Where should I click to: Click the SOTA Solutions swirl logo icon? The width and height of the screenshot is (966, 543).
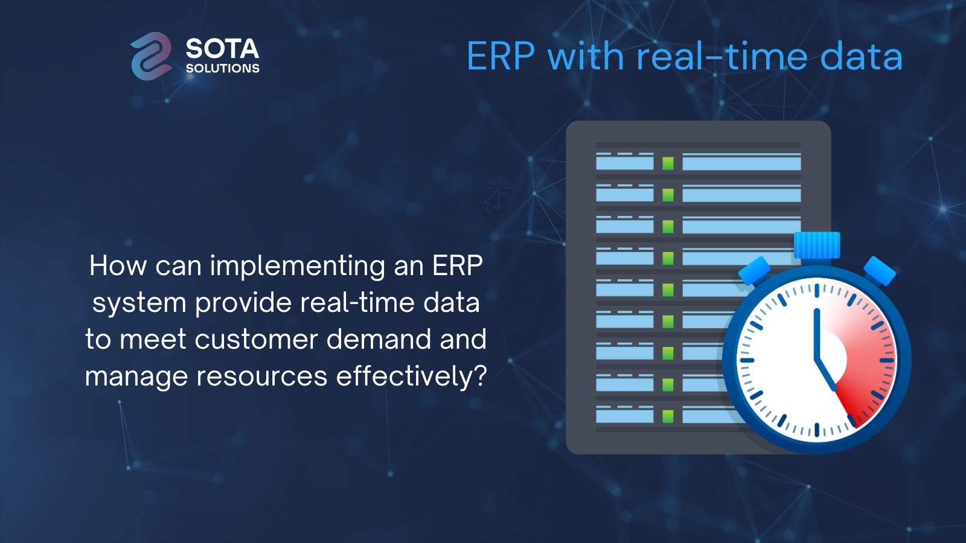(x=152, y=56)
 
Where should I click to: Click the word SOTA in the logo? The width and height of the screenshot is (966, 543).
(x=223, y=49)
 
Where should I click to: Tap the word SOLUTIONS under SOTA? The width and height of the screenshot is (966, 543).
(x=223, y=69)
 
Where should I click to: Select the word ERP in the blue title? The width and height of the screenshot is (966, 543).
(x=501, y=57)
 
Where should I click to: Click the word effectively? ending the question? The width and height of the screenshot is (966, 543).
(x=411, y=376)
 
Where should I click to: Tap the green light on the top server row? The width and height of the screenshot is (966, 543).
(x=668, y=164)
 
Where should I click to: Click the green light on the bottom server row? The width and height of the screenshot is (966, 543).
(x=668, y=416)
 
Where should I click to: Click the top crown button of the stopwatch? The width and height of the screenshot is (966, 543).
(x=817, y=245)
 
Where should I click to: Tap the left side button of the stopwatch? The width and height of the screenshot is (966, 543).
(x=754, y=271)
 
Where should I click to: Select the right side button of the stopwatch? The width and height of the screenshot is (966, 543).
(x=880, y=271)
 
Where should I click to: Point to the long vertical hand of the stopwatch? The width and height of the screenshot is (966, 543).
(x=816, y=334)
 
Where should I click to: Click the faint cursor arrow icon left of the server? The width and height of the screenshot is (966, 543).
(x=496, y=195)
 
